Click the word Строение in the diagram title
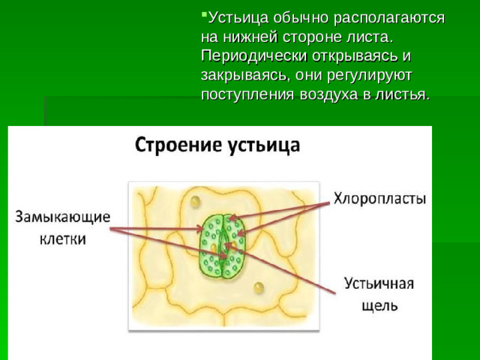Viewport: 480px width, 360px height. tap(175, 144)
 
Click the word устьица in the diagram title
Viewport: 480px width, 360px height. tap(262, 144)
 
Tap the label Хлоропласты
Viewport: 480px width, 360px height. tap(379, 199)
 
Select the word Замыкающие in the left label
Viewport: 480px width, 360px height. tap(63, 217)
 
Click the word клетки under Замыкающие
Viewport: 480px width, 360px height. tap(62, 239)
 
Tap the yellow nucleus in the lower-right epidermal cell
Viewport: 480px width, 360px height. tap(259, 286)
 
